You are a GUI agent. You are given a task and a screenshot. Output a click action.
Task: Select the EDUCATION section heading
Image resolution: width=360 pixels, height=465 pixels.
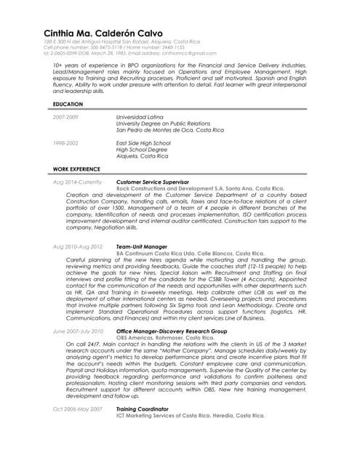pos(68,105)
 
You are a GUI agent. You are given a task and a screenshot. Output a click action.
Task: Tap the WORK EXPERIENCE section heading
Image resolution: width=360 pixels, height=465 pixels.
pos(76,169)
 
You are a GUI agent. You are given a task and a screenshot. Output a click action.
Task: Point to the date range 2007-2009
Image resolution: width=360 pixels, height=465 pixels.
pos(65,116)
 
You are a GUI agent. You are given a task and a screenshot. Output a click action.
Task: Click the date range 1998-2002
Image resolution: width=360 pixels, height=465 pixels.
pos(65,143)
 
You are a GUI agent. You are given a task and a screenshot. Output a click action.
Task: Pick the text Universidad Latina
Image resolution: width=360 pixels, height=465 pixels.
pos(140,116)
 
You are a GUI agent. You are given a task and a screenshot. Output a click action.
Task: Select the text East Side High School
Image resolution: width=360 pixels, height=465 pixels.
pos(143,143)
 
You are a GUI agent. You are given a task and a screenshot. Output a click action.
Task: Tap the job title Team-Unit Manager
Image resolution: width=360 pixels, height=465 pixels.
pos(141,246)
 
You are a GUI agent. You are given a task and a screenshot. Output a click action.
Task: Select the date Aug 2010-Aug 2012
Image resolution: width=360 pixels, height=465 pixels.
pos(78,246)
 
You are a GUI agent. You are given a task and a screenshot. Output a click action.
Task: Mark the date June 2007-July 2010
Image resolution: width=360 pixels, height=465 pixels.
pos(79,331)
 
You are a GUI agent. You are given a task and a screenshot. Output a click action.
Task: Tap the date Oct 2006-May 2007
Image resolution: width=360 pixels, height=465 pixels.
pos(78,408)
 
